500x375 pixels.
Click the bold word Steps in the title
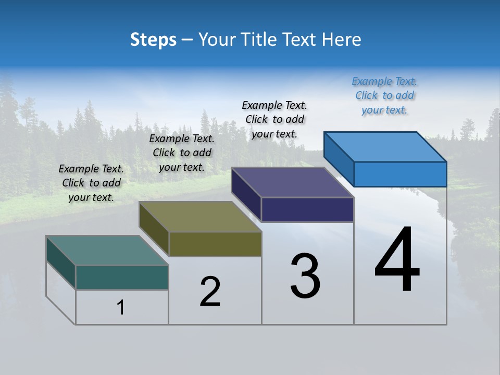point(153,40)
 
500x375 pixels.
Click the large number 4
point(397,260)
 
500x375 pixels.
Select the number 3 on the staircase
point(305,276)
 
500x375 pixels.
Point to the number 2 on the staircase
point(210,292)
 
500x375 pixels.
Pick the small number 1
point(121,307)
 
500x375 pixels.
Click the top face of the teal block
point(107,251)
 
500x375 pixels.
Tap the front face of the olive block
point(215,244)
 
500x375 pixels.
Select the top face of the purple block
point(292,182)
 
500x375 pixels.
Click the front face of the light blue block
point(400,174)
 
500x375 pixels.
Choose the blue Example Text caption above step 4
point(384,96)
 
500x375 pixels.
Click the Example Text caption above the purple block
point(274,119)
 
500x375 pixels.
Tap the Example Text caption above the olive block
point(182,153)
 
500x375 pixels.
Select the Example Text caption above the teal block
point(91,183)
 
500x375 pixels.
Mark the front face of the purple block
point(307,209)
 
